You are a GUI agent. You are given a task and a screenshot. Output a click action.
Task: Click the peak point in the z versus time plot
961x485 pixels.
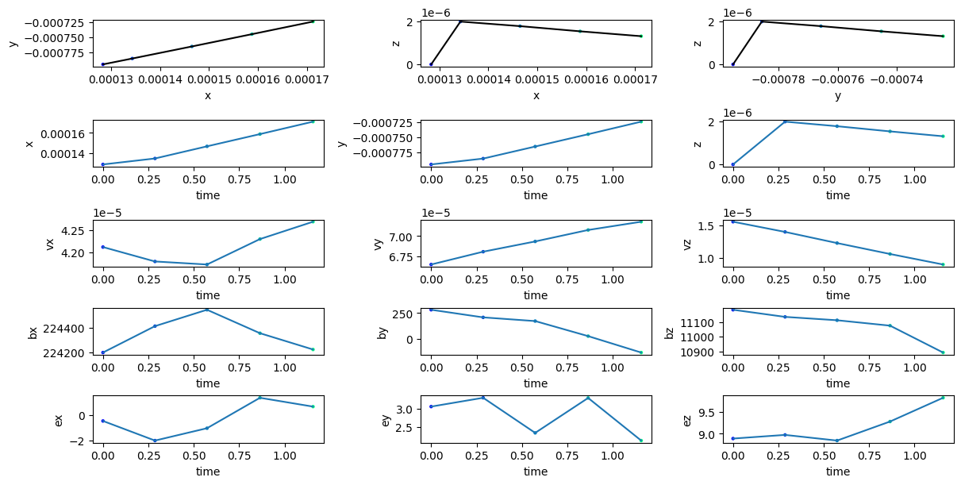click(785, 121)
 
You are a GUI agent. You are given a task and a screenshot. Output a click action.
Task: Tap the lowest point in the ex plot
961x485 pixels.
click(155, 441)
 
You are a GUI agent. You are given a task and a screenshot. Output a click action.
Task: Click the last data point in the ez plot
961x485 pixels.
click(943, 398)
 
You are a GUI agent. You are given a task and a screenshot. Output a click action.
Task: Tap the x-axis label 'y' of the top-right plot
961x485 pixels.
click(837, 95)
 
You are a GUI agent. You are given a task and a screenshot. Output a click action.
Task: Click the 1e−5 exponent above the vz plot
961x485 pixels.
click(739, 213)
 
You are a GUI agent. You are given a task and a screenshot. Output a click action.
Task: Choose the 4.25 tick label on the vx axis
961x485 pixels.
click(74, 231)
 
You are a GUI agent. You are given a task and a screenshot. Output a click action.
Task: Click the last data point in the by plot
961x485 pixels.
click(640, 352)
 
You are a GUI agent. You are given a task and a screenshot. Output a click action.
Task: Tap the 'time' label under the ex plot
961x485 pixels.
click(208, 472)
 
